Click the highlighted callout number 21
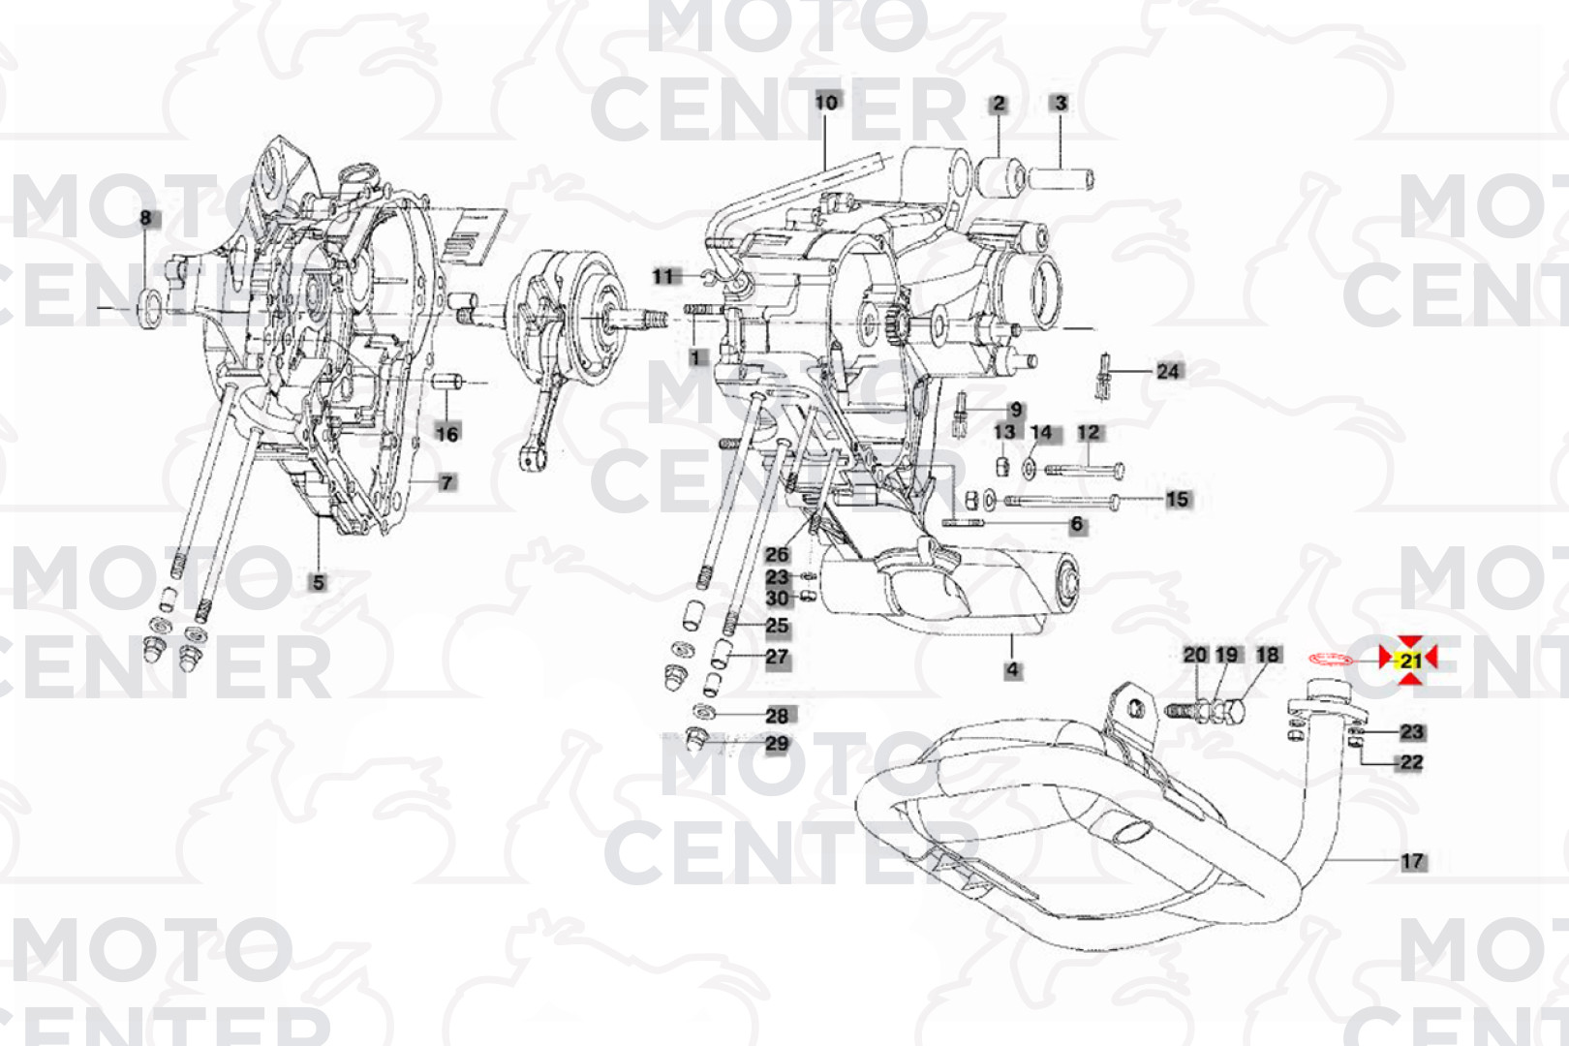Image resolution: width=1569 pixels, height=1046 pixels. [x=1410, y=660]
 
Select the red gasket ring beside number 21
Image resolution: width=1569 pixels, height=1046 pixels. [x=1331, y=660]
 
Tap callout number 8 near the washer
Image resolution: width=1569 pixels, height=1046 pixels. [x=145, y=218]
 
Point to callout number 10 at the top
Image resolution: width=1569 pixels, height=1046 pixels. [x=826, y=103]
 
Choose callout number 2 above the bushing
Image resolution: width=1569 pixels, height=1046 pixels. [x=999, y=105]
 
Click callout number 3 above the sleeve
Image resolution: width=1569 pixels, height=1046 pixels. [x=1061, y=103]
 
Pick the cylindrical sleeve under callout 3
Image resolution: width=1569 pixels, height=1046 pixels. [x=1061, y=178]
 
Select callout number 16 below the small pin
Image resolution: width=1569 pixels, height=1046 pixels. [x=446, y=434]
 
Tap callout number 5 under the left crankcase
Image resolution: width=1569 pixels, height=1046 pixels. [x=319, y=582]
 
